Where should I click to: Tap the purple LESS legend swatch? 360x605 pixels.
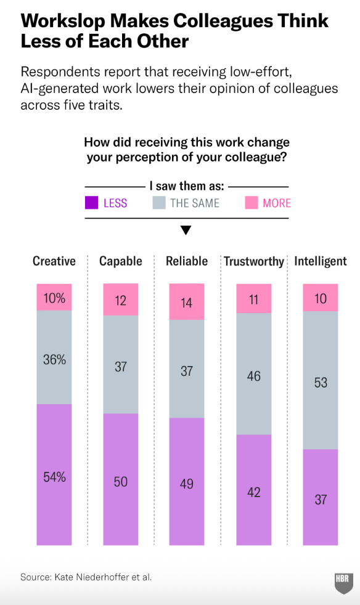click(x=92, y=203)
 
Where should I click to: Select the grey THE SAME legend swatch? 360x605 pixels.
click(x=159, y=203)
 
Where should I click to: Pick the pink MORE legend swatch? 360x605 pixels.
click(x=252, y=203)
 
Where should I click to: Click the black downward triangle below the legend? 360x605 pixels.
click(x=186, y=230)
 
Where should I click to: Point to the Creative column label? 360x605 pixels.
click(x=54, y=261)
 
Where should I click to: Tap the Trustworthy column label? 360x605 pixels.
click(x=254, y=262)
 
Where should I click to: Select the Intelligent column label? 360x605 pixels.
click(x=320, y=262)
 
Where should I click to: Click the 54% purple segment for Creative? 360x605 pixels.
click(x=54, y=474)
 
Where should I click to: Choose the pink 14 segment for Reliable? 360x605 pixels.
click(x=187, y=302)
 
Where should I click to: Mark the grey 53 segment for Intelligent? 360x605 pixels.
click(x=320, y=380)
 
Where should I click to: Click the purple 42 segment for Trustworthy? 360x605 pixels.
click(x=254, y=490)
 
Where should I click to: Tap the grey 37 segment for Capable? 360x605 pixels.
click(x=121, y=365)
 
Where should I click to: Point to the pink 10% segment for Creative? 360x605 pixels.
click(x=54, y=297)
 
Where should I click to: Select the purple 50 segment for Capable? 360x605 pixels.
click(x=121, y=479)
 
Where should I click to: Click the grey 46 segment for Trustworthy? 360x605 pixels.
click(x=254, y=374)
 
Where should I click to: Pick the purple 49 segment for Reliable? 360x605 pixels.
click(x=187, y=482)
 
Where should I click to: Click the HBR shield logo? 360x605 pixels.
click(x=344, y=583)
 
